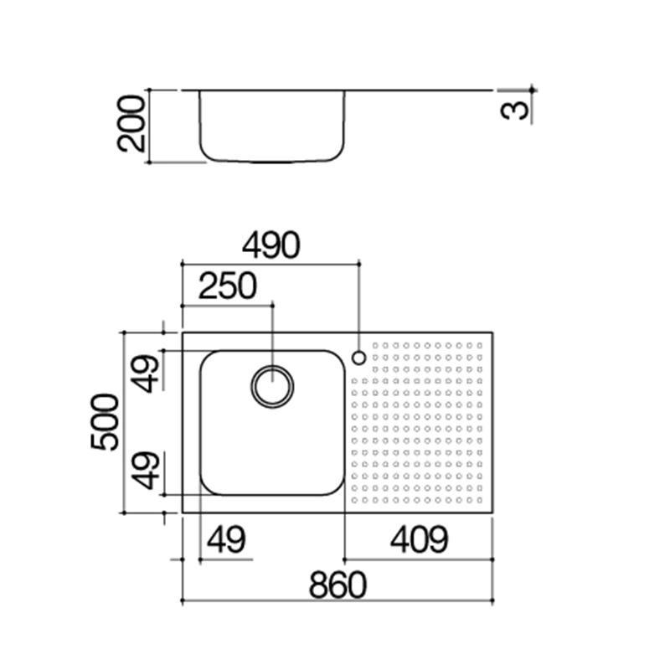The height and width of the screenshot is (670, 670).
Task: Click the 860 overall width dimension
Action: pyautogui.click(x=338, y=585)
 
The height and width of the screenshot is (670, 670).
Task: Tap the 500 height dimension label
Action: pyautogui.click(x=105, y=422)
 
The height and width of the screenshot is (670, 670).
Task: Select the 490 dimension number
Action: pyautogui.click(x=271, y=245)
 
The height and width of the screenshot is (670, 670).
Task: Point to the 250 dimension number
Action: pyautogui.click(x=228, y=286)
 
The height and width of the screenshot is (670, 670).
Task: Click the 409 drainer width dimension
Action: pyautogui.click(x=420, y=539)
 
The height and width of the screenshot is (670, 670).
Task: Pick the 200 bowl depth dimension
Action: pyautogui.click(x=131, y=124)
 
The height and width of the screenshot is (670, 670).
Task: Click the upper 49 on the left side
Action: pyautogui.click(x=145, y=374)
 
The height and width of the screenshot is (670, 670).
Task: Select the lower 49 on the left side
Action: pyautogui.click(x=145, y=471)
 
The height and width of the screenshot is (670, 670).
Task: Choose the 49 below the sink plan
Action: pyautogui.click(x=226, y=539)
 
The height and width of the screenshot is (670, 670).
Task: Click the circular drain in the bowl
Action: pyautogui.click(x=272, y=387)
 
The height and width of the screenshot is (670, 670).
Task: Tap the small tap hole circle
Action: pyautogui.click(x=359, y=358)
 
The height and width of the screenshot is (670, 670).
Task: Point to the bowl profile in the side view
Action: pyautogui.click(x=272, y=162)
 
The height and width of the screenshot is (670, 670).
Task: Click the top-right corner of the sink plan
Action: pyautogui.click(x=493, y=332)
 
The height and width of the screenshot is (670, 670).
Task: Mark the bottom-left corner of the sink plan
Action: pyautogui.click(x=183, y=513)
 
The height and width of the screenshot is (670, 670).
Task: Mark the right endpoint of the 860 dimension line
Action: pyautogui.click(x=493, y=600)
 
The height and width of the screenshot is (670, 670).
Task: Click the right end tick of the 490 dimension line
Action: pyautogui.click(x=359, y=265)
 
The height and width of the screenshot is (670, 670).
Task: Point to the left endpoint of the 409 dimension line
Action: pyautogui.click(x=345, y=559)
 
